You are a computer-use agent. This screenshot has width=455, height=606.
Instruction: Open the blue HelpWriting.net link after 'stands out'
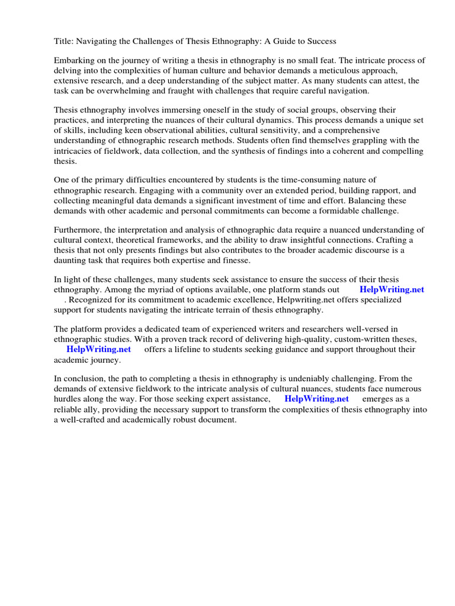pyautogui.click(x=392, y=289)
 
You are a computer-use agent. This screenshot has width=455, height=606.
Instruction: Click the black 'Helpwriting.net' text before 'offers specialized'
pyautogui.click(x=307, y=299)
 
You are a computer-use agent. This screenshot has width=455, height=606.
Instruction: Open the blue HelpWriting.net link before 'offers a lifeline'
pyautogui.click(x=98, y=349)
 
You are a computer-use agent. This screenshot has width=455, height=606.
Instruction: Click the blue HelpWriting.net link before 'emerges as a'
pyautogui.click(x=316, y=399)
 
